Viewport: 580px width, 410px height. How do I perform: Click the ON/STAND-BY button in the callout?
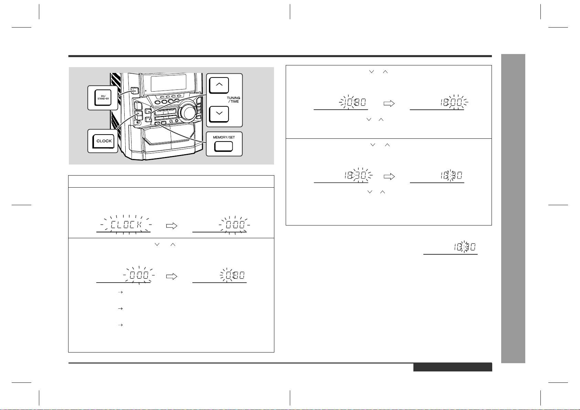[x=103, y=98]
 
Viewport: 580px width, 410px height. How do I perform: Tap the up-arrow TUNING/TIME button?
[x=219, y=85]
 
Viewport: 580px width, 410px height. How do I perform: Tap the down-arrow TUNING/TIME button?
[x=219, y=114]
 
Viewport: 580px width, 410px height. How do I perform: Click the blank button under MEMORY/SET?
[x=223, y=147]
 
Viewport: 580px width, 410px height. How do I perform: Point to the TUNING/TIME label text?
[x=233, y=100]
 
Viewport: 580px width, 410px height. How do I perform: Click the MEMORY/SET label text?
[x=224, y=137]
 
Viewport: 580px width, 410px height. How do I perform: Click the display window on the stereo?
[x=168, y=83]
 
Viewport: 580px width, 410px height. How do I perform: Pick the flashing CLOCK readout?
[x=126, y=224]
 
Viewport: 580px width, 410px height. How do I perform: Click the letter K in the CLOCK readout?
[x=139, y=224]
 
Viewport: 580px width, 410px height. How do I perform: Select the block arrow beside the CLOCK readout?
[x=171, y=226]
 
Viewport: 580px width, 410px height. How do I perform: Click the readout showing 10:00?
[x=452, y=103]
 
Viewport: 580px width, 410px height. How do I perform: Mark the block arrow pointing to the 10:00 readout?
[x=389, y=104]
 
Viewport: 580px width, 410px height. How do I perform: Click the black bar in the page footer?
[x=453, y=367]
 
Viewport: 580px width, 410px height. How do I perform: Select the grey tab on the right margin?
[x=513, y=209]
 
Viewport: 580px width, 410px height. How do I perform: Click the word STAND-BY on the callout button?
[x=103, y=99]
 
